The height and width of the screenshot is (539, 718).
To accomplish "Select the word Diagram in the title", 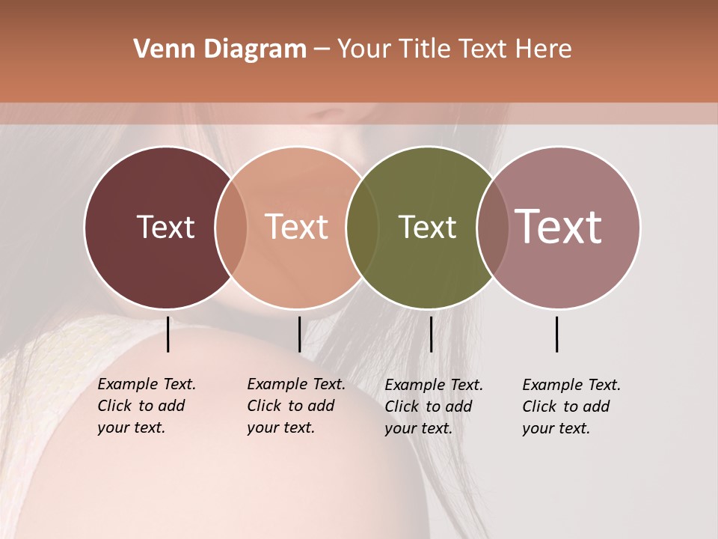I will tap(256, 49).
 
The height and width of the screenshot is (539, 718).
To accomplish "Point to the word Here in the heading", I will tap(544, 49).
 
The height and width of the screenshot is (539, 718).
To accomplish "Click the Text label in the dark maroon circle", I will tap(165, 227).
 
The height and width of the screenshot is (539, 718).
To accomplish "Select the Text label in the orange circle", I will tap(297, 227).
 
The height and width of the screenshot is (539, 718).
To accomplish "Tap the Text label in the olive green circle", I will tap(427, 227).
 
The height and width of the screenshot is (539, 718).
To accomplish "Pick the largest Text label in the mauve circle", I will tap(559, 227).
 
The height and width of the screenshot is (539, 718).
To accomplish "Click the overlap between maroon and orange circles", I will tap(231, 227).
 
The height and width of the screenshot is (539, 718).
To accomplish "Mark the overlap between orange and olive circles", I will tap(362, 227).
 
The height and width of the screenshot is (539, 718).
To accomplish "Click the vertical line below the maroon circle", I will tap(168, 334).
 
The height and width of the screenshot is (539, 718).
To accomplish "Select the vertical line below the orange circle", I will tap(299, 334).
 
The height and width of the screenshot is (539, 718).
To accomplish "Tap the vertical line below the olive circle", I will tap(431, 334).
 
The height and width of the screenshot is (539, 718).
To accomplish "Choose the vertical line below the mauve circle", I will tap(556, 334).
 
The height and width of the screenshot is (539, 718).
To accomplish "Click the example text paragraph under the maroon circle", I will tap(146, 406).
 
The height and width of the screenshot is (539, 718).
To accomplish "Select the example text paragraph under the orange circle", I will tap(295, 406).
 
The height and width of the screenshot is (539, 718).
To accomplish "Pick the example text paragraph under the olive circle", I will tap(433, 406).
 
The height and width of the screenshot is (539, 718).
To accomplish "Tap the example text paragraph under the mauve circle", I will tap(571, 406).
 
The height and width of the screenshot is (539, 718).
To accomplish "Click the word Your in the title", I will tap(365, 49).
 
